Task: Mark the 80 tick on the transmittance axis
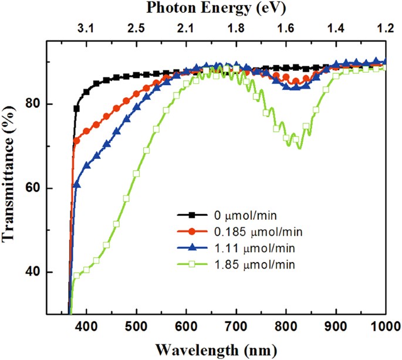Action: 54,104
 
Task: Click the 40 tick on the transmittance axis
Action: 54,273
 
